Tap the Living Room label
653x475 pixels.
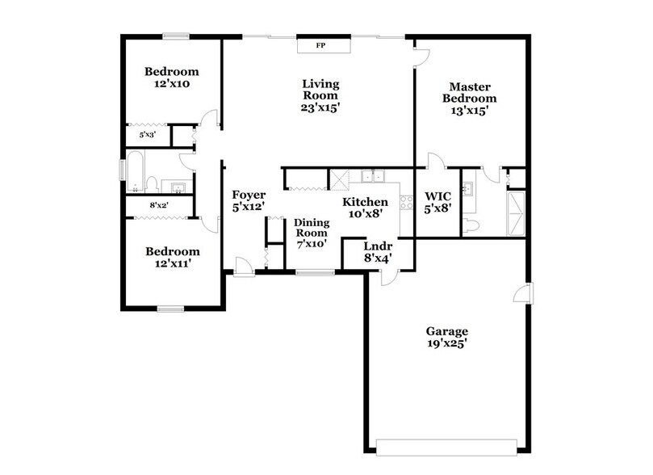320,95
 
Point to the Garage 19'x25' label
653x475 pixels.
447,336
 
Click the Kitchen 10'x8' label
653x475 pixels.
365,208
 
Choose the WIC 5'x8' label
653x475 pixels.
437,201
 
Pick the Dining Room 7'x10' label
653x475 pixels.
311,233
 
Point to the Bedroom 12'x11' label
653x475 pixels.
172,257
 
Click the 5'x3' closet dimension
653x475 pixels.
146,135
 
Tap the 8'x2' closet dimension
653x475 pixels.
159,206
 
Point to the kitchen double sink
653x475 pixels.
372,175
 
